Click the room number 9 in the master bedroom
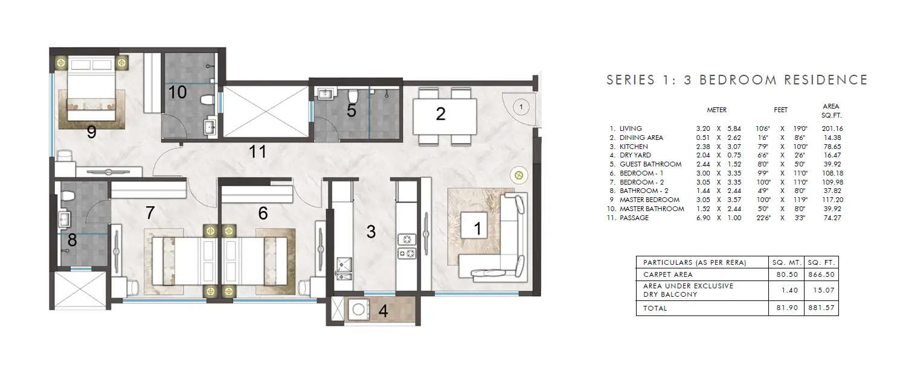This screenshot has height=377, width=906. tap(91, 132)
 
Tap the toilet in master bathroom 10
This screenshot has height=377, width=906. tap(207, 100)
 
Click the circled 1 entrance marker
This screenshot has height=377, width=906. tap(521, 106)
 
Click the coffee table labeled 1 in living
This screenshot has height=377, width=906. tap(477, 228)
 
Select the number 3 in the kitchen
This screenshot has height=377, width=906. tap(371, 232)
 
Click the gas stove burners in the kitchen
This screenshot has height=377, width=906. tap(406, 247)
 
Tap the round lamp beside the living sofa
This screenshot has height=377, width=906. tap(518, 176)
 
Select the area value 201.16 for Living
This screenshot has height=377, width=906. tap(832, 128)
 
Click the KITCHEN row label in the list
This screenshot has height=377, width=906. tap(634, 147)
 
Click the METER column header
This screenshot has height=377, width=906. tap(716, 110)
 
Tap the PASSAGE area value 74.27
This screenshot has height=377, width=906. tap(832, 218)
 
